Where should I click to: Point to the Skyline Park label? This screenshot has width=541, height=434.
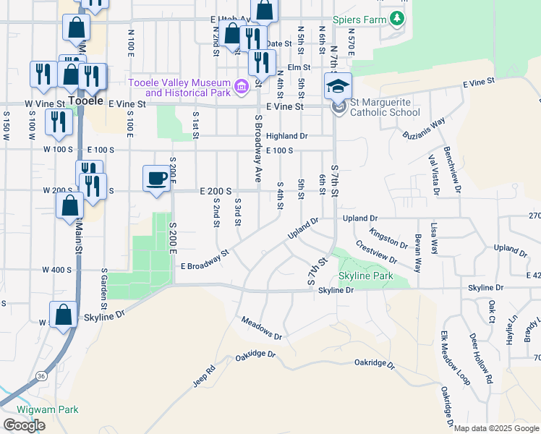[366, 276]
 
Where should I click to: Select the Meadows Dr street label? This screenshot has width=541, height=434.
[261, 328]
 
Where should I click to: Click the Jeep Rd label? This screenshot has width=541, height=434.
[205, 376]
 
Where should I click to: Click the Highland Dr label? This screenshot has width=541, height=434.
[286, 136]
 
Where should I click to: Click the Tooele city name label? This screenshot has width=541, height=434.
[85, 100]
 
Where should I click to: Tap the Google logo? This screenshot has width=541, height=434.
[25, 425]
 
